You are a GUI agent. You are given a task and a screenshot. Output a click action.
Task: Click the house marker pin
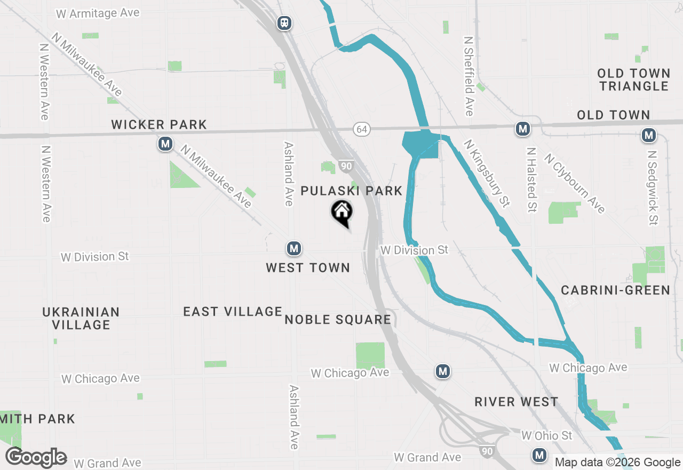pyautogui.click(x=342, y=213)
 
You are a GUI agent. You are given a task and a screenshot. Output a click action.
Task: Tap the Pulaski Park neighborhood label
pyautogui.click(x=351, y=191)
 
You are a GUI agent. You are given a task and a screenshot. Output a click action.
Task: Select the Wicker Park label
pyautogui.click(x=159, y=125)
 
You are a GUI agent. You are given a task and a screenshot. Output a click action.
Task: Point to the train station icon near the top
pyautogui.click(x=284, y=22)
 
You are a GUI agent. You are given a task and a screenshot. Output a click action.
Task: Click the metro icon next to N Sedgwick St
pyautogui.click(x=649, y=136)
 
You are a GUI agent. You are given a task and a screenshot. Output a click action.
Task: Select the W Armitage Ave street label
pyautogui.click(x=98, y=13)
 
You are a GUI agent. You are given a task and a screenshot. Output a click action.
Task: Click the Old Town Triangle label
pyautogui.click(x=633, y=80)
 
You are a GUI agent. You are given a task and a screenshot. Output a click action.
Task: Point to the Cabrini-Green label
pyautogui.click(x=615, y=290)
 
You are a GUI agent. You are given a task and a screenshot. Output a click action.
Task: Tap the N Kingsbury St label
pyautogui.click(x=486, y=174)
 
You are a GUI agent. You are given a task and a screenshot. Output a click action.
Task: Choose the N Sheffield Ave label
pyautogui.click(x=468, y=76)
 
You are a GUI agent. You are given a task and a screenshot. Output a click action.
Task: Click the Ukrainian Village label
pyautogui.click(x=81, y=318)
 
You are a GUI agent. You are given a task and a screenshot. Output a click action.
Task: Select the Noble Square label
pyautogui.click(x=338, y=320)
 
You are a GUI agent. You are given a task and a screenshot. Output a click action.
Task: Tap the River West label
pyautogui.click(x=516, y=402)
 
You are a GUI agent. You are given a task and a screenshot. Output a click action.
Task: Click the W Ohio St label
pyautogui.click(x=546, y=436)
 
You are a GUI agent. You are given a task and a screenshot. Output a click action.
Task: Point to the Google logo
pyautogui.click(x=36, y=458)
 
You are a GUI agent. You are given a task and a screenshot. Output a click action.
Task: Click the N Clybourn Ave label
pyautogui.click(x=575, y=183)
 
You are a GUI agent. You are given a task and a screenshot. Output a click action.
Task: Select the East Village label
pyautogui.click(x=233, y=311)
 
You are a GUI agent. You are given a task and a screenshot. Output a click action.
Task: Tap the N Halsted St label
pyautogui.click(x=531, y=180)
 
